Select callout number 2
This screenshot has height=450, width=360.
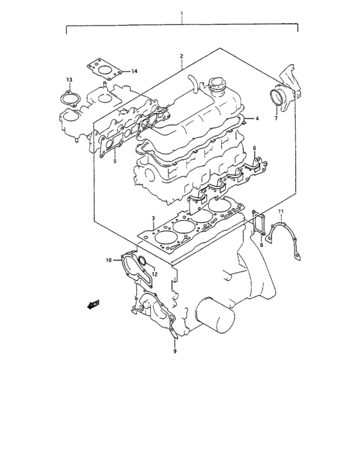click(x=182, y=56)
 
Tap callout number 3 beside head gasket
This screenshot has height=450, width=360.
click(x=153, y=219)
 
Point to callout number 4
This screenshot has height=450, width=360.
click(x=256, y=119)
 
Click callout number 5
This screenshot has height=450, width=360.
click(x=114, y=161)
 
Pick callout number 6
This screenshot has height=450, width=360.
click(x=254, y=148)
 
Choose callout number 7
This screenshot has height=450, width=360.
click(x=275, y=119)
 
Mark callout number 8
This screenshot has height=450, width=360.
click(x=262, y=244)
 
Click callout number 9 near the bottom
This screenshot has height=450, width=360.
click(x=174, y=352)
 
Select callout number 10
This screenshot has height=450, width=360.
click(x=109, y=260)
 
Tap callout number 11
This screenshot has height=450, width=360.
click(x=281, y=212)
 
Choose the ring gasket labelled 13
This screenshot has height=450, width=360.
click(x=67, y=98)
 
